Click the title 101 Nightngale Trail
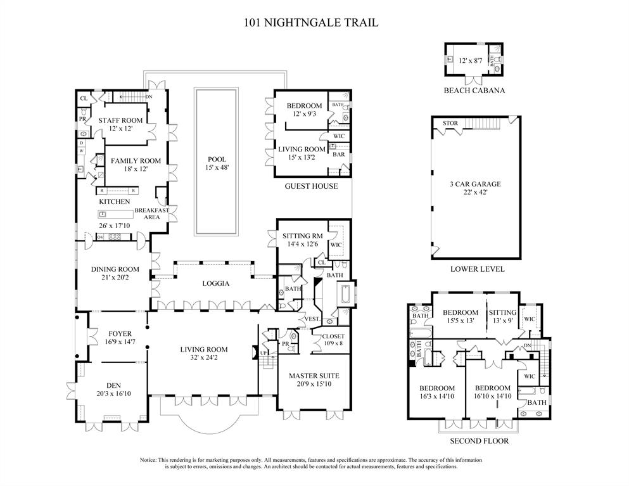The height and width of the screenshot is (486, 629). [x=311, y=23]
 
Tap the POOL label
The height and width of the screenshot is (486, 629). [x=217, y=160]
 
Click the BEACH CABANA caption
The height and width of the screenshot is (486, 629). [x=474, y=91]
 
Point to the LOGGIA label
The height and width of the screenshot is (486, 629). [x=216, y=283]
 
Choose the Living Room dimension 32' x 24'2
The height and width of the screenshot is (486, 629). [x=203, y=359]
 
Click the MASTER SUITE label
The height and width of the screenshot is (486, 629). [x=314, y=375]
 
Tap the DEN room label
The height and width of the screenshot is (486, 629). [x=114, y=384]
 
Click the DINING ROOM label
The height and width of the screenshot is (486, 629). [x=115, y=269]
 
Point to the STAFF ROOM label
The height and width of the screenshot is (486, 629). [x=120, y=120]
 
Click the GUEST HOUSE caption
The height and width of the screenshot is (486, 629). [x=311, y=186]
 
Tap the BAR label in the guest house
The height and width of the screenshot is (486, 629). [x=339, y=154]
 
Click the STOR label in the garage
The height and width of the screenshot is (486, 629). [x=450, y=123]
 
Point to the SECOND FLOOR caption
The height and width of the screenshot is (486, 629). [x=479, y=441]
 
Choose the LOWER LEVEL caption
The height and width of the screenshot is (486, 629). [x=477, y=269]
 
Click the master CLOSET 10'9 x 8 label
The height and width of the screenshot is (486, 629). [x=333, y=336]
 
